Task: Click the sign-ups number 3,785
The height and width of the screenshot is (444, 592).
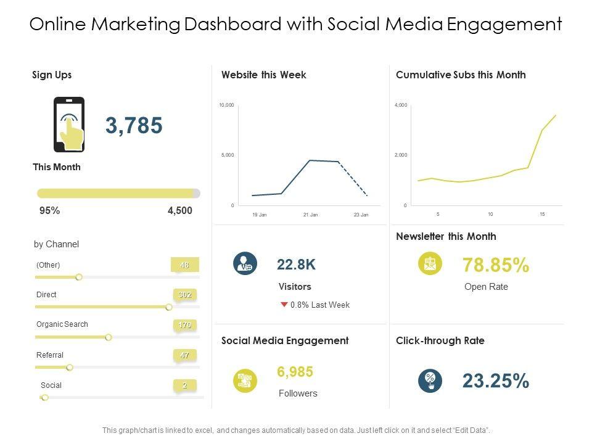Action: [x=134, y=125]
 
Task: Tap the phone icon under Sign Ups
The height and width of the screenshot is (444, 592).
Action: [x=69, y=125]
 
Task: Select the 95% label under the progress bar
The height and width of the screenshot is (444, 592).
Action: [x=49, y=210]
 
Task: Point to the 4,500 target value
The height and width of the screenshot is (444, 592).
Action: [x=179, y=210]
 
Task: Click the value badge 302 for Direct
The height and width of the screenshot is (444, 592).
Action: [x=184, y=295]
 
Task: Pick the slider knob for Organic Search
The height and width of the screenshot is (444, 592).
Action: [x=109, y=337]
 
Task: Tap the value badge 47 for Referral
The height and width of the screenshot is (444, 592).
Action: [x=184, y=355]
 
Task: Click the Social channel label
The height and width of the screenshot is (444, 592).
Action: [x=51, y=385]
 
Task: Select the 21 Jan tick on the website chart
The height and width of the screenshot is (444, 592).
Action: [x=311, y=215]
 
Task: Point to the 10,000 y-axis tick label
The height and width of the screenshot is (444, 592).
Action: [x=226, y=105]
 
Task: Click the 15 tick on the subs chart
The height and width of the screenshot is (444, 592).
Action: [x=542, y=214]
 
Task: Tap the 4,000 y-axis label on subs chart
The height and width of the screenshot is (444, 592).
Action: [x=401, y=105]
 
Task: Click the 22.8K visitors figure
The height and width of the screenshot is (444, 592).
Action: [x=296, y=265]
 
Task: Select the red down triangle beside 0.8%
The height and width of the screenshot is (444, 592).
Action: [x=284, y=305]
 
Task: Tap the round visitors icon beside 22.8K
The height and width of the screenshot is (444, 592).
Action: [x=245, y=264]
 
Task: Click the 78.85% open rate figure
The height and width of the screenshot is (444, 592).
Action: [x=495, y=265]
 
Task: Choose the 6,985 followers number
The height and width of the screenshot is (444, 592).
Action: [x=295, y=372]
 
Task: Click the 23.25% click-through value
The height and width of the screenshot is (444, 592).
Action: [x=495, y=381]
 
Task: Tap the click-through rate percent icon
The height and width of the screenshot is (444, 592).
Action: [x=429, y=380]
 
